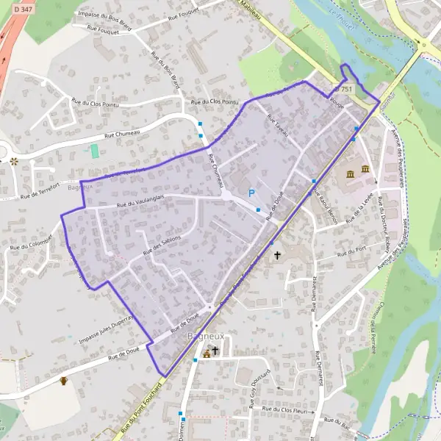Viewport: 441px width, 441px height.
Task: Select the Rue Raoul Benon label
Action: [324, 201]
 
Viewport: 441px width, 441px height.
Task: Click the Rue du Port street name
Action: [351, 251]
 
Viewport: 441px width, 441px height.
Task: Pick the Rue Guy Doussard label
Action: [262, 382]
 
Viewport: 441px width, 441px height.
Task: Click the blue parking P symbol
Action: [251, 193]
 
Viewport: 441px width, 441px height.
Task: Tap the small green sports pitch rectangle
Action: [93, 151]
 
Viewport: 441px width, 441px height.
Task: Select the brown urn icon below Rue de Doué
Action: [64, 381]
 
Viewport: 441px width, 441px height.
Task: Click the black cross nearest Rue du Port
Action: [277, 256]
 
